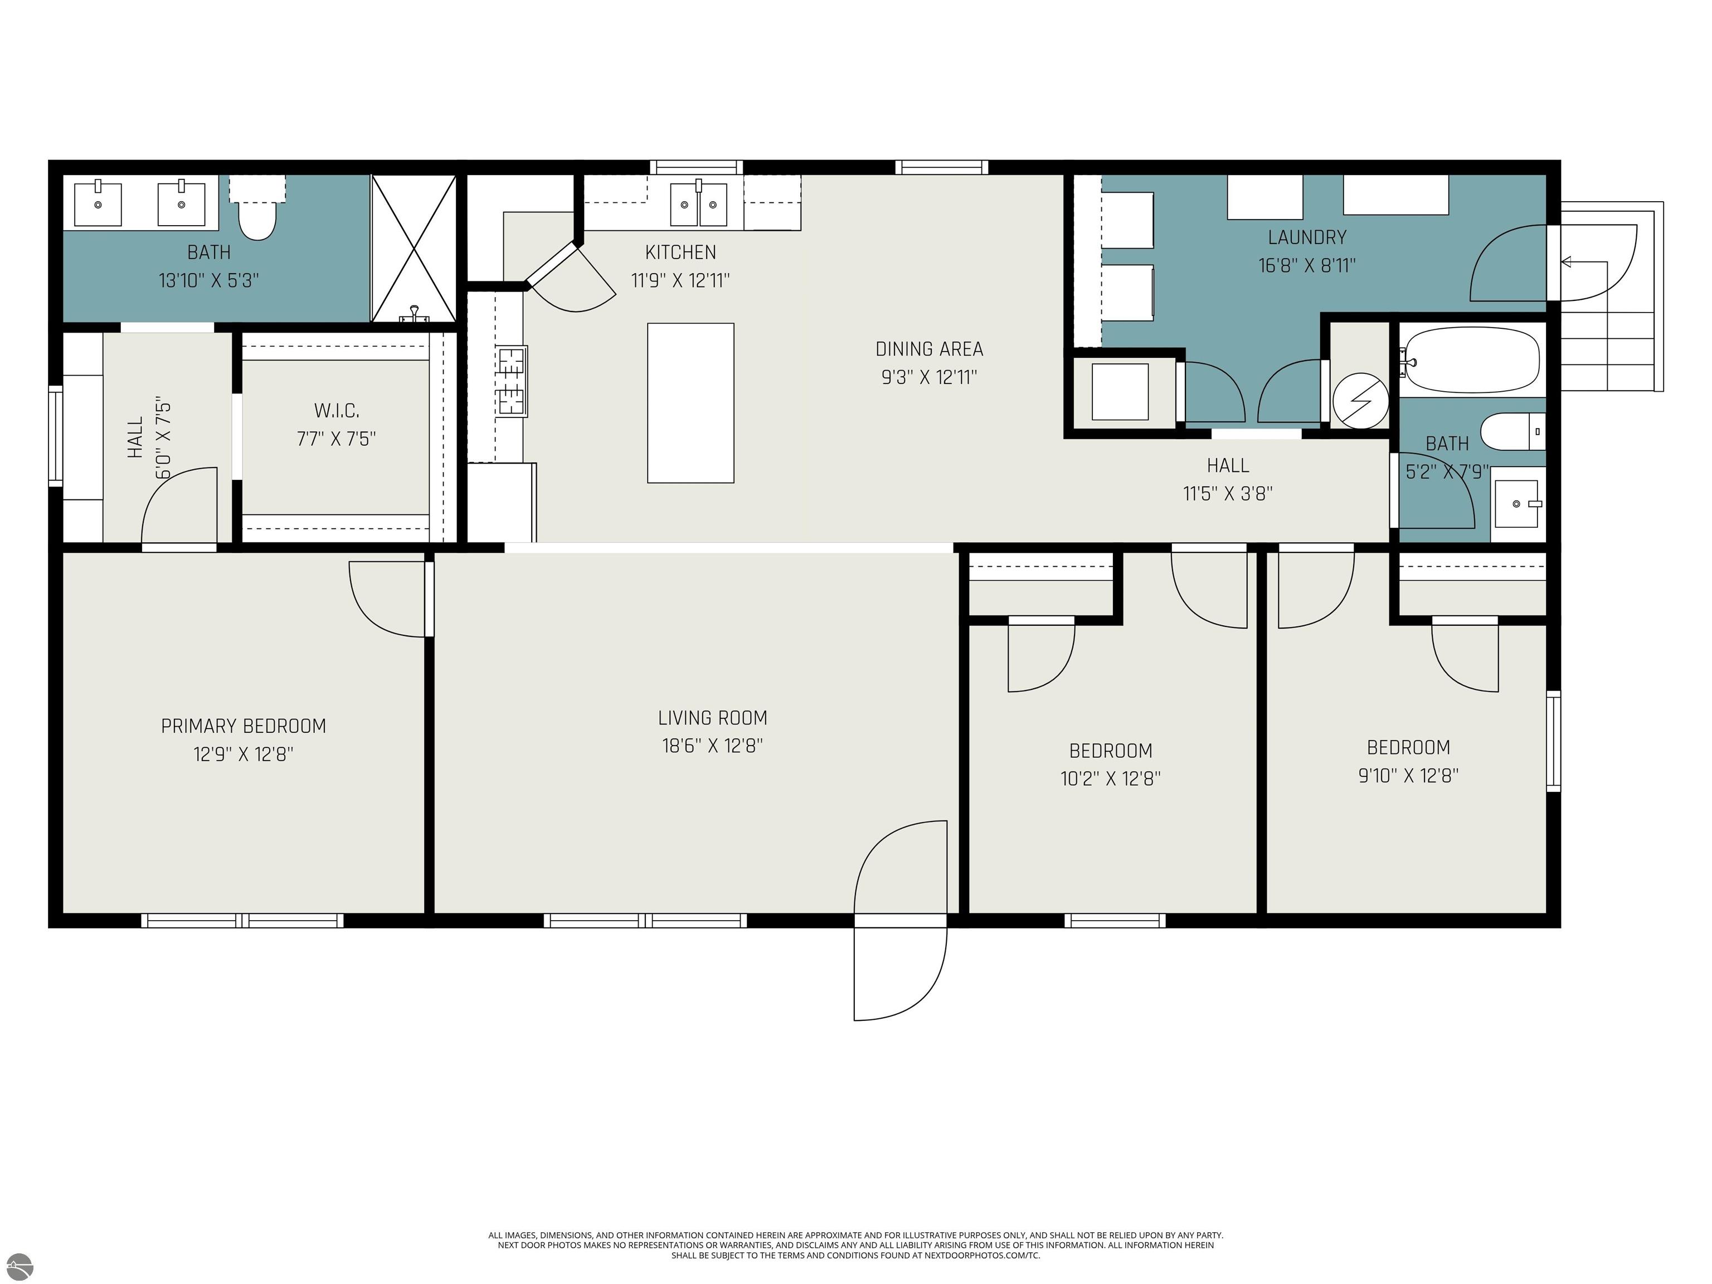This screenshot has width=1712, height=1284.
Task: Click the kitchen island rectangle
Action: (690, 403)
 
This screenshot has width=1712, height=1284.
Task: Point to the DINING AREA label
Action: (929, 349)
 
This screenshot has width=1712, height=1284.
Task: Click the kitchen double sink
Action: (699, 205)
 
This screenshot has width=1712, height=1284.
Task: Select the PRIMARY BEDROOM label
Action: (243, 726)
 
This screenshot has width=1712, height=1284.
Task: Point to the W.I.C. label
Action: (337, 410)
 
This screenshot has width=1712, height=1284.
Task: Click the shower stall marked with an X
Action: (414, 247)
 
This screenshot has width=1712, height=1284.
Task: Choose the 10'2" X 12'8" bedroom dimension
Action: (1110, 779)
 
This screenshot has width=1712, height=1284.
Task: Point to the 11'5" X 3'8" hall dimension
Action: (1228, 494)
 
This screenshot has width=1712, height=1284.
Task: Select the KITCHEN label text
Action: (680, 252)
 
